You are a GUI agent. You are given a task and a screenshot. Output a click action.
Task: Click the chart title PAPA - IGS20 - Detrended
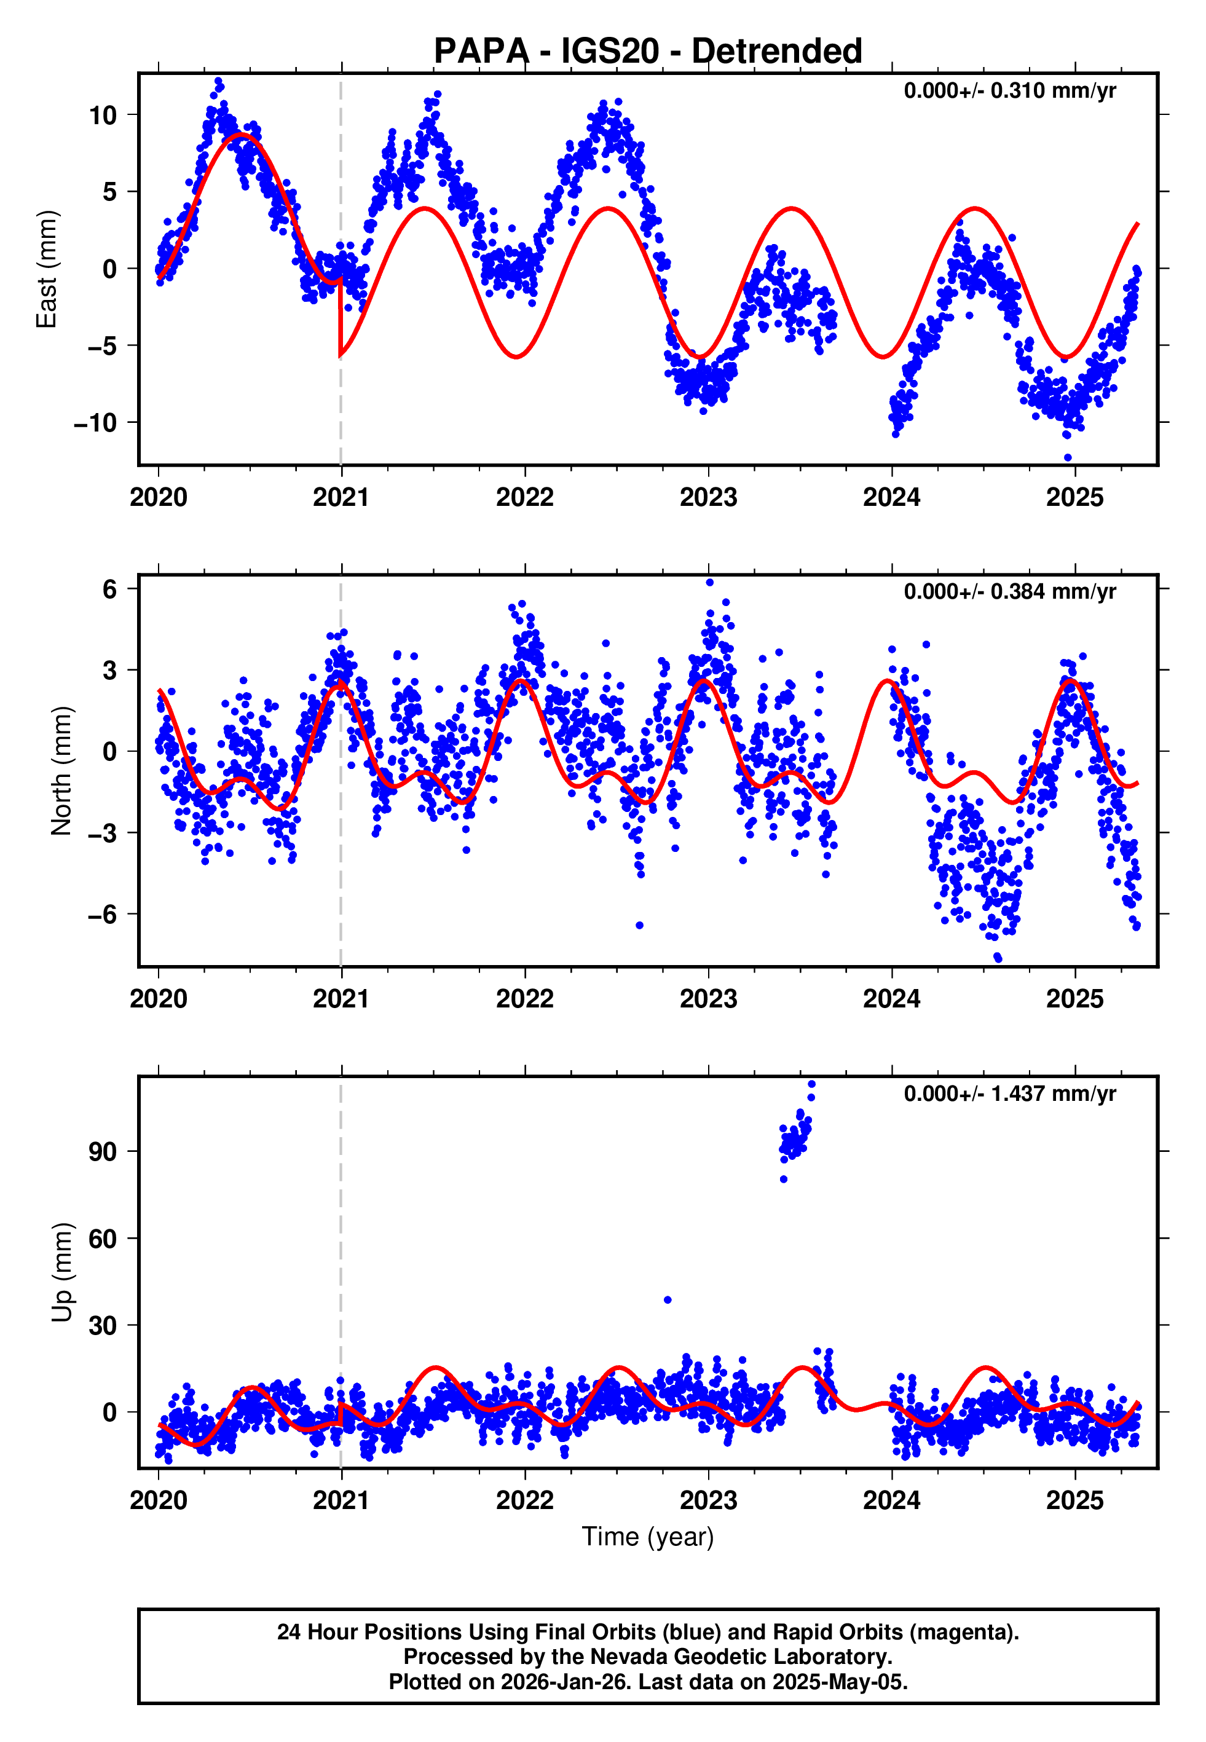tap(648, 52)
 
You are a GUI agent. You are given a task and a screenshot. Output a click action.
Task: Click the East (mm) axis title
tap(47, 269)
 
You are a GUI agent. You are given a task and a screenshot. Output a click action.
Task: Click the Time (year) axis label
tap(648, 1537)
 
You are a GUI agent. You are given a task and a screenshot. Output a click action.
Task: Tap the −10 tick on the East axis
tap(95, 423)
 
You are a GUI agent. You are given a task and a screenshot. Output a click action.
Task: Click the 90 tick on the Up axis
tap(103, 1152)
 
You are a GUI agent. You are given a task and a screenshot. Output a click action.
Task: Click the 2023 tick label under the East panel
tap(708, 497)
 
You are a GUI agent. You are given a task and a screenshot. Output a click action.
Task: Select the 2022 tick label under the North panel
tap(524, 999)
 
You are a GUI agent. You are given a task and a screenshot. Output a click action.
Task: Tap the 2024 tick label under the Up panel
tap(892, 1500)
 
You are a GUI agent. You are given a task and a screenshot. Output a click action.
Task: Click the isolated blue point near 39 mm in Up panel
tap(667, 1300)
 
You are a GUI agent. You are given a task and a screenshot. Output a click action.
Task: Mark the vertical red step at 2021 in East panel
tap(340, 317)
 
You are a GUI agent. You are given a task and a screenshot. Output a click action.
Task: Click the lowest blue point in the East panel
tap(1068, 458)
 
